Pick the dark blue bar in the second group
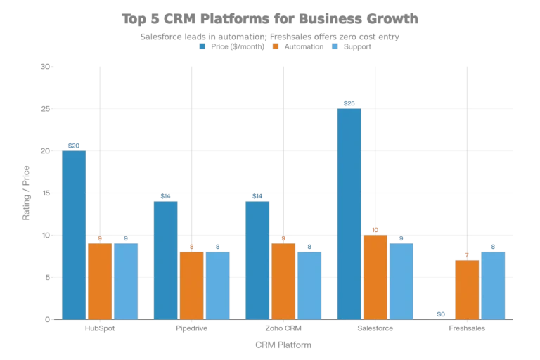(x=166, y=259)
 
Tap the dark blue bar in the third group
(x=257, y=259)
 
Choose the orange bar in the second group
(x=192, y=285)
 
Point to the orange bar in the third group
(x=283, y=281)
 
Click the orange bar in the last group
(x=467, y=289)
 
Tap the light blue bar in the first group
(x=127, y=281)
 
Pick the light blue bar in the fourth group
(x=401, y=281)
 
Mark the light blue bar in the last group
(x=493, y=285)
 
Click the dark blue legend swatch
(x=202, y=45)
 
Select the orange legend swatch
(x=277, y=45)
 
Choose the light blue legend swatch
(x=335, y=45)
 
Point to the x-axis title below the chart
(x=282, y=344)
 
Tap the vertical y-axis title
(x=28, y=193)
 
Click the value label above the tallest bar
(x=350, y=103)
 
